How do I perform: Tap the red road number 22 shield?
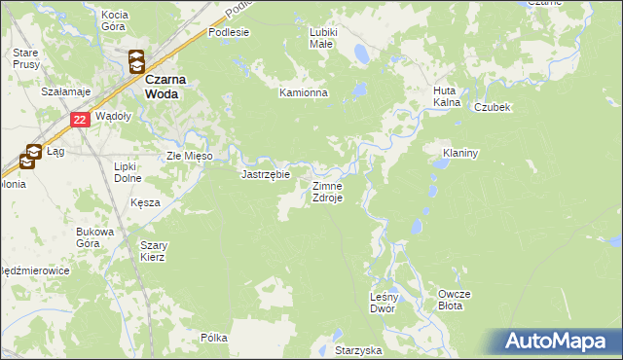point(81,120)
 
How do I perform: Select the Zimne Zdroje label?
point(327,191)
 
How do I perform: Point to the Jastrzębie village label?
point(265,175)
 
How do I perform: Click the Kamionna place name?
point(305,93)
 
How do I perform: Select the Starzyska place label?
point(357,348)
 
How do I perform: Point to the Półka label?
point(213,338)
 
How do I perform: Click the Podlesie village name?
point(230,31)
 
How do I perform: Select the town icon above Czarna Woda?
point(137,60)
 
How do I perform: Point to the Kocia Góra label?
point(115,20)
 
